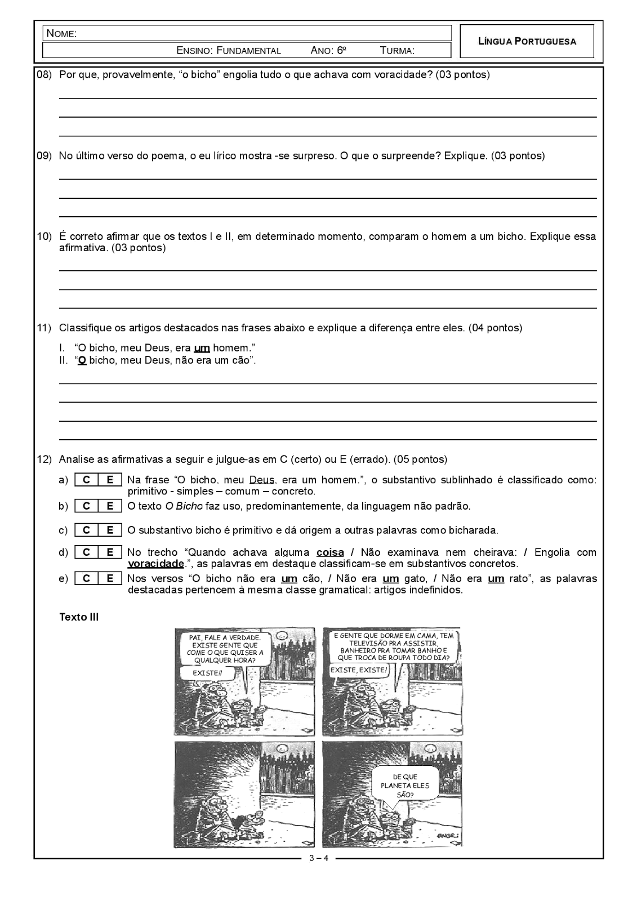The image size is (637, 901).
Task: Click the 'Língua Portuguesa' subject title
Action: [x=527, y=41]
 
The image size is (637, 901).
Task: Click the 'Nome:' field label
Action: [x=61, y=34]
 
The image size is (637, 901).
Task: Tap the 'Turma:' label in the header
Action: [x=397, y=51]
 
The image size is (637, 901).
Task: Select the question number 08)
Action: [x=44, y=74]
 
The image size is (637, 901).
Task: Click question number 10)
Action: [x=44, y=237]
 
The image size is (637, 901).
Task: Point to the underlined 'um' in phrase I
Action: [x=202, y=348]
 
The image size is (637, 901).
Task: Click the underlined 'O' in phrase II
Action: [x=82, y=360]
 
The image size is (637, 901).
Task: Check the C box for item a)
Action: [x=86, y=480]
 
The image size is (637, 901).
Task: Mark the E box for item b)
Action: [x=110, y=506]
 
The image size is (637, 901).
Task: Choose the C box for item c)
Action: [x=86, y=530]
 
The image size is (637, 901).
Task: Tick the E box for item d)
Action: [x=110, y=552]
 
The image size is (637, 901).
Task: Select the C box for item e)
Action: [x=86, y=578]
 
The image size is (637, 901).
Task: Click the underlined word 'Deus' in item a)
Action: [x=262, y=480]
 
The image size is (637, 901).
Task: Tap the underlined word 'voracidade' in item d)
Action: [x=156, y=564]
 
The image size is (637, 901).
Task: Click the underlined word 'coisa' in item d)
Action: [x=330, y=552]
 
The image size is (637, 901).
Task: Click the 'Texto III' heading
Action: [x=79, y=617]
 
